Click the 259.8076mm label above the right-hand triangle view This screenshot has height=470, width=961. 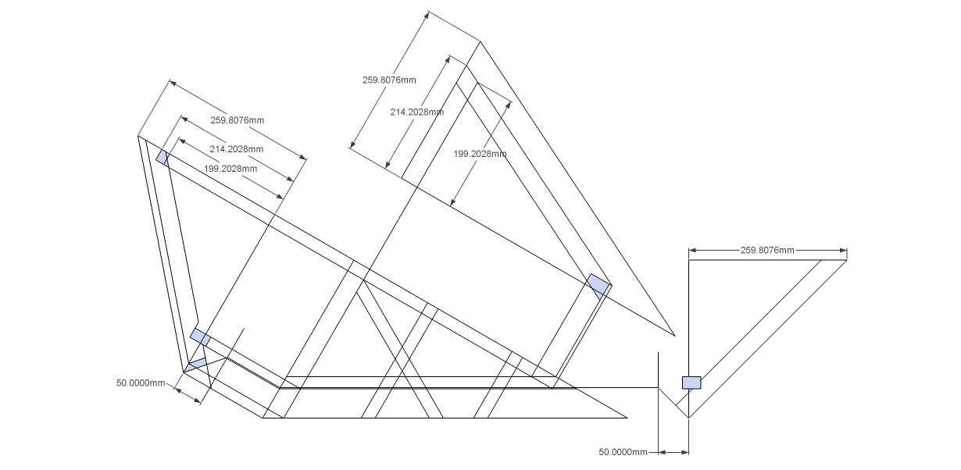pos(766,250)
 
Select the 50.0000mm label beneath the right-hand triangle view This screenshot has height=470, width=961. pos(623,452)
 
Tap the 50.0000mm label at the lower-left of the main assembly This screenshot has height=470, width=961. pos(141,383)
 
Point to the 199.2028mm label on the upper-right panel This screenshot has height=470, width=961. pos(480,154)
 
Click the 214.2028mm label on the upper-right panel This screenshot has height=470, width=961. pos(416,112)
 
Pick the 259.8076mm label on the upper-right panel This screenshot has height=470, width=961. pos(389,80)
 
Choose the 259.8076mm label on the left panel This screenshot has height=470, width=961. pos(237,120)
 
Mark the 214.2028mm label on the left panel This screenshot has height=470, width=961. pos(236,149)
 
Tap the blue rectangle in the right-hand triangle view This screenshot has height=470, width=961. pos(691,383)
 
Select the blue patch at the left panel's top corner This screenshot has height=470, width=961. pos(163,157)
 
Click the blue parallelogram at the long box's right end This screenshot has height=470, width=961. pos(598,285)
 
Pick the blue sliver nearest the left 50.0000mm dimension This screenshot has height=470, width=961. pos(195,364)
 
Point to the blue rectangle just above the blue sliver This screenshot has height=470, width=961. pos(200,336)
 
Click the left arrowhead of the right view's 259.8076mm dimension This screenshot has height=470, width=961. pos(691,251)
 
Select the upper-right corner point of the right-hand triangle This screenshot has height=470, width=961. pos(847,260)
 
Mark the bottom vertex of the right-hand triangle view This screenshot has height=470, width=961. pos(688,418)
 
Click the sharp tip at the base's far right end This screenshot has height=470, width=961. pos(627,418)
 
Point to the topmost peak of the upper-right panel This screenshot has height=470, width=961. pos(479,41)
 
